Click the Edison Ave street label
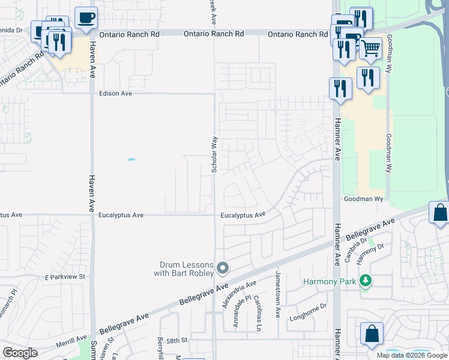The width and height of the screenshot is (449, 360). tap(115, 94)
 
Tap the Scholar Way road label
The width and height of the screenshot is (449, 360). tap(214, 155)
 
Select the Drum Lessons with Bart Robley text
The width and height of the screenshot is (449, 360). tap(187, 269)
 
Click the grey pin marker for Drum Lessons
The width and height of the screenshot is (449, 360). tap(223, 268)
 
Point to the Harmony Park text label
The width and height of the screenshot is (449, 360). tap(330, 281)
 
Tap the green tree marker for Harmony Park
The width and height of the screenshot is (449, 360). tap(366, 281)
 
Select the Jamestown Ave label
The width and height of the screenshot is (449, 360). tap(277, 295)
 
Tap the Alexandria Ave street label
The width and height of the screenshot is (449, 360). tap(239, 294)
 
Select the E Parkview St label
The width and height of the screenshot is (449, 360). tap(66, 277)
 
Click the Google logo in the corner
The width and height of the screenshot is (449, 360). tap(20, 352)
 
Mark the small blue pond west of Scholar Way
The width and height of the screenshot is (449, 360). tap(131, 160)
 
